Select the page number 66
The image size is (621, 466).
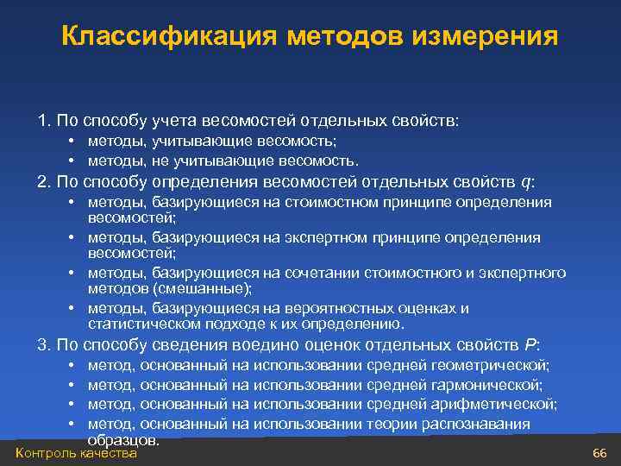600,454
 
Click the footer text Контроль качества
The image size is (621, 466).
77,454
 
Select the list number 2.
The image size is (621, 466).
42,182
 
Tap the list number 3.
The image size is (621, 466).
42,345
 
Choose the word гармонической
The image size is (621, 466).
490,385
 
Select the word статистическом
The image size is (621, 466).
142,324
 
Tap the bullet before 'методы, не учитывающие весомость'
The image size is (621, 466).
69,161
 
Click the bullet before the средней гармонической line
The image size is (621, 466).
69,385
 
